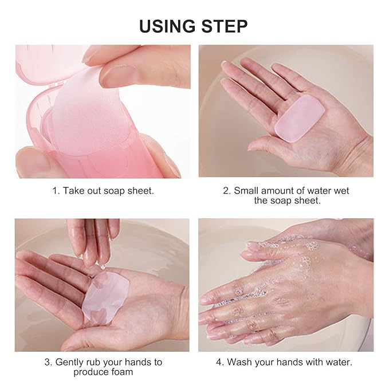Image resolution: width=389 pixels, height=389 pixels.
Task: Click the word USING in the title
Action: pos(167,26)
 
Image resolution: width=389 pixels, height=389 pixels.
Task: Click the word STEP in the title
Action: pos(225,26)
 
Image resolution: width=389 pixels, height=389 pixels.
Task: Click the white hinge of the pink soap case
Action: pos(57,84)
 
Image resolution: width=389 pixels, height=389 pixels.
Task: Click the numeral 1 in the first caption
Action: pos(55,191)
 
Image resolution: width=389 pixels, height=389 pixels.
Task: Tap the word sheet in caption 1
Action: pos(141,191)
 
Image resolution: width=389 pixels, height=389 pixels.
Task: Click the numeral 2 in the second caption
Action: pos(226,191)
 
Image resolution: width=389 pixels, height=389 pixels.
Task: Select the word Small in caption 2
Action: pos(246,191)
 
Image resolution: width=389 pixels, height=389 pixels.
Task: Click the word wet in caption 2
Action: pos(341,191)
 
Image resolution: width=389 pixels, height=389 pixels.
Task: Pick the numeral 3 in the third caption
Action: pos(48,362)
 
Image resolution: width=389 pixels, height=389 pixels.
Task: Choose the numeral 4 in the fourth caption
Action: pos(219,362)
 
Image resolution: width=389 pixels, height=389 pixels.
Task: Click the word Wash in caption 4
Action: pos(239,362)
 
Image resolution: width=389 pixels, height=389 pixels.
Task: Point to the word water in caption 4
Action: pos(339,362)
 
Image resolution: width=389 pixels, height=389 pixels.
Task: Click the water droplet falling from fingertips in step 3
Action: pos(103,267)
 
